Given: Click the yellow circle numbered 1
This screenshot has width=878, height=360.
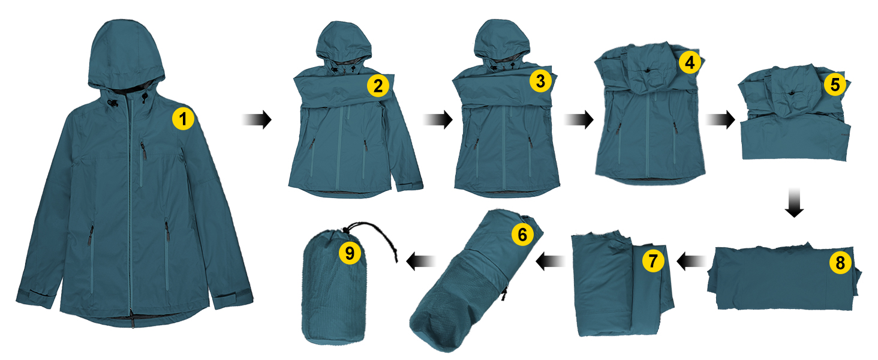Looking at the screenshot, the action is pos(183,118).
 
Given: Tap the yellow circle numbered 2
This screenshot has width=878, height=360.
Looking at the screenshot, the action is pos(378,86).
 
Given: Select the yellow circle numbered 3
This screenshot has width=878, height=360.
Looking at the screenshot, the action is pos(540,81).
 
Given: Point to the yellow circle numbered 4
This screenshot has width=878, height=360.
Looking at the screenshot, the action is pos(690,62).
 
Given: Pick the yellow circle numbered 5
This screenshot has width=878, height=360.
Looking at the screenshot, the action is pos(835,85).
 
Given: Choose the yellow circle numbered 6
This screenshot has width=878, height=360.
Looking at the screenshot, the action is pos(522,235).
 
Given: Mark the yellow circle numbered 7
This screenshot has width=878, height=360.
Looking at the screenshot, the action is pos(653,261).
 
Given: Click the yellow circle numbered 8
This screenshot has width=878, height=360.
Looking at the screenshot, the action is pos(840,262).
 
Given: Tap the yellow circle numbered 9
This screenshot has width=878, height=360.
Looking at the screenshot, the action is pos(350,253).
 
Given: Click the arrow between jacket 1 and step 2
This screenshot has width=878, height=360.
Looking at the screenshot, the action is pos(257,119).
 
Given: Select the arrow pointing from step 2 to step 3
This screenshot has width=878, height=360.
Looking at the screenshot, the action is pos(438,119).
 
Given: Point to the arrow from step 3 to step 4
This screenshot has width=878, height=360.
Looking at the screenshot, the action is pos(579,119).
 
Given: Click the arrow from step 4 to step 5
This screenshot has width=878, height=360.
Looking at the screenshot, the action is pos(720,119).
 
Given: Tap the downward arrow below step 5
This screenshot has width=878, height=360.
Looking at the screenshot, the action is pos(794,203).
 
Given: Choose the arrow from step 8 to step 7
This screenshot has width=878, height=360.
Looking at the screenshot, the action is pos(691,261).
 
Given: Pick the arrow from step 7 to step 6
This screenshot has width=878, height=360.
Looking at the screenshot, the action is pos(551,261).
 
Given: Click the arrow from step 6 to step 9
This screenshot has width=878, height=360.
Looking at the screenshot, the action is pos(420,261).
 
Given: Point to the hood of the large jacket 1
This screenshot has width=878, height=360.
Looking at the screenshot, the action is pos(125,55).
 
